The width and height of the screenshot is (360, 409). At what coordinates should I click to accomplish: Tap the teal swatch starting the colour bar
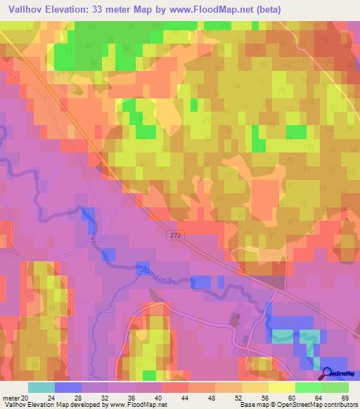[41, 387]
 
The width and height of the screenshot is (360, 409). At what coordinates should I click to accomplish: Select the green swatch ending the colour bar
[335, 387]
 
